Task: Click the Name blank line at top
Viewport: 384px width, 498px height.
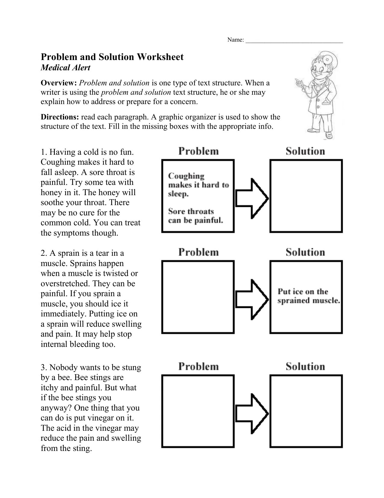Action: pyautogui.click(x=294, y=41)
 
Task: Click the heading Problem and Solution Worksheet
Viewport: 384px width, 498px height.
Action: pyautogui.click(x=112, y=57)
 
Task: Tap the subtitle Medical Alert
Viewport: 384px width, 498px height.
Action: pyautogui.click(x=65, y=68)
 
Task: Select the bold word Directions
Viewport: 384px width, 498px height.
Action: pyautogui.click(x=60, y=117)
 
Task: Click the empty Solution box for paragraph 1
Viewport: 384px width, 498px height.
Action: pyautogui.click(x=306, y=196)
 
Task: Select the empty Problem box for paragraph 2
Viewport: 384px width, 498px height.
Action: pyautogui.click(x=198, y=297)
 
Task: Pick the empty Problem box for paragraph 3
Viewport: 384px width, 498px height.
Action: pyautogui.click(x=198, y=411)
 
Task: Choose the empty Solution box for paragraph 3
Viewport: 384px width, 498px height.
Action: pyautogui.click(x=306, y=411)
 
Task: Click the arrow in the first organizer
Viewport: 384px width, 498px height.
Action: pyautogui.click(x=251, y=199)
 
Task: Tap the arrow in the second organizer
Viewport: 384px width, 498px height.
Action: pyautogui.click(x=251, y=300)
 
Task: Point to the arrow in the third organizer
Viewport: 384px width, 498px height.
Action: pyautogui.click(x=251, y=413)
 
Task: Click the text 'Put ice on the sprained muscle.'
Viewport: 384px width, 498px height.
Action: pyautogui.click(x=308, y=296)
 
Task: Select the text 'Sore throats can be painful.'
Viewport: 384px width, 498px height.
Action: pyautogui.click(x=195, y=216)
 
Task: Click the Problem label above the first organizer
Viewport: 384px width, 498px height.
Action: pyautogui.click(x=198, y=151)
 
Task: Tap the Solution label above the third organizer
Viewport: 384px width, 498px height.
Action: pyautogui.click(x=305, y=366)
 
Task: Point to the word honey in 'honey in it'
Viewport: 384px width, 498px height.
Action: pyautogui.click(x=50, y=192)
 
